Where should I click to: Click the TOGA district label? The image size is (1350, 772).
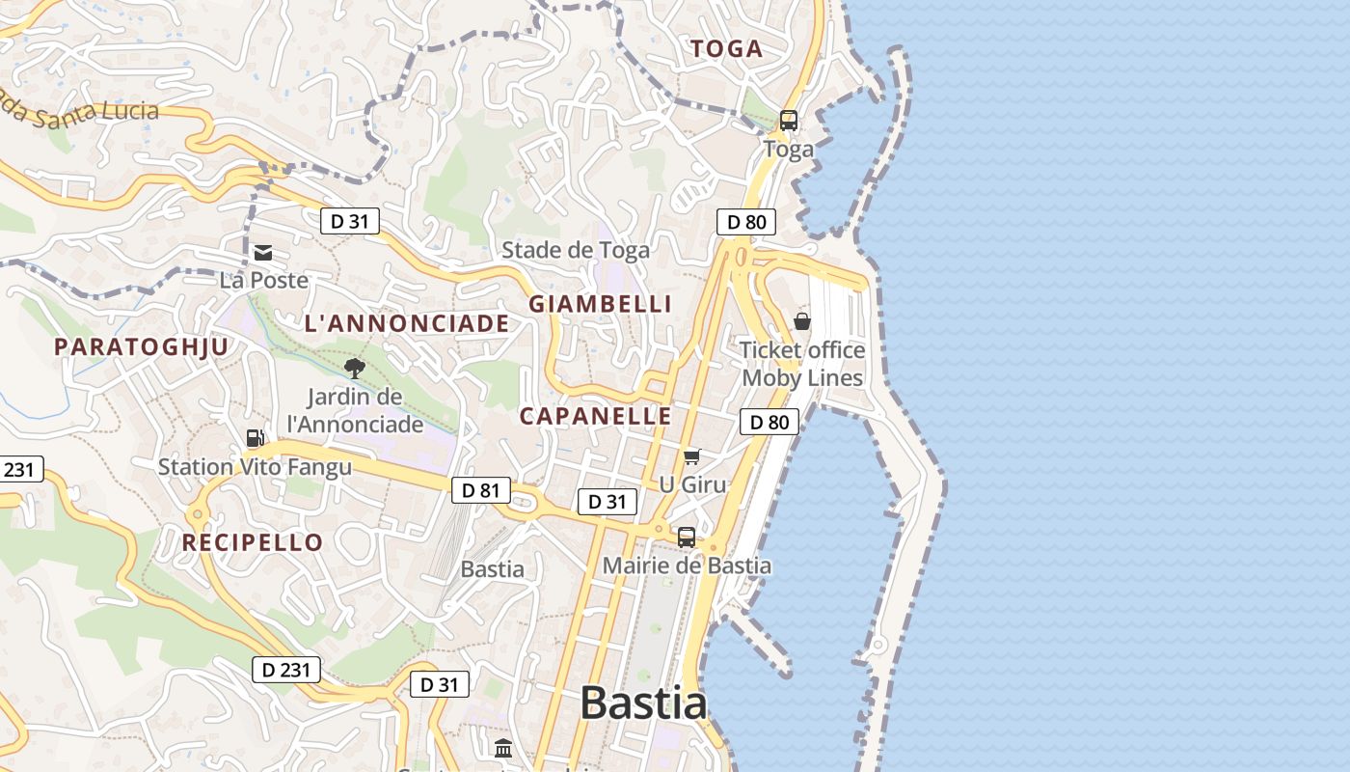(x=726, y=48)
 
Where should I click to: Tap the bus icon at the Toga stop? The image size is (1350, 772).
(x=788, y=121)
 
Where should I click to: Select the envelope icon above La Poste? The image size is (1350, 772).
(x=262, y=253)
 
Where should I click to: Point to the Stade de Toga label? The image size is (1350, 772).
(x=576, y=250)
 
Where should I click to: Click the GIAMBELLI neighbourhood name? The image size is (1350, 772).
(x=600, y=303)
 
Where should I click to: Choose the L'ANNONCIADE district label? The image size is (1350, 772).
(x=406, y=323)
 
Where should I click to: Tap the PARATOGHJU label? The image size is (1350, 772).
(x=142, y=346)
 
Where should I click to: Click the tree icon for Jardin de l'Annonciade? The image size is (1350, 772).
(x=354, y=368)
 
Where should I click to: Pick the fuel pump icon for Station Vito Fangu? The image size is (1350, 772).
(x=255, y=438)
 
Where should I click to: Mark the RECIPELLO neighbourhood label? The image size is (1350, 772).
(x=253, y=542)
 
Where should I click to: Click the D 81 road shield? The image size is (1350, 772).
(x=480, y=490)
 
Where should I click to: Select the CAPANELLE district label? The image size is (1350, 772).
(x=595, y=416)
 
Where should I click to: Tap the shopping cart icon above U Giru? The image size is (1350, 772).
(x=691, y=456)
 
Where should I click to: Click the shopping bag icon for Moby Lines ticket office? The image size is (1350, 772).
(x=801, y=321)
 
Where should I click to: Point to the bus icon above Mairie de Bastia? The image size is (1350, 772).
(x=686, y=538)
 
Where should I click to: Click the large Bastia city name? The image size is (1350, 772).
(x=643, y=703)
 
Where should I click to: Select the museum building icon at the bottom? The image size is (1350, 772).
(x=502, y=749)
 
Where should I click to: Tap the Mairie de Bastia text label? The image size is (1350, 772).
(x=687, y=565)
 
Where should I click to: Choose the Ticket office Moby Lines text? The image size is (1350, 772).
(x=801, y=364)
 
